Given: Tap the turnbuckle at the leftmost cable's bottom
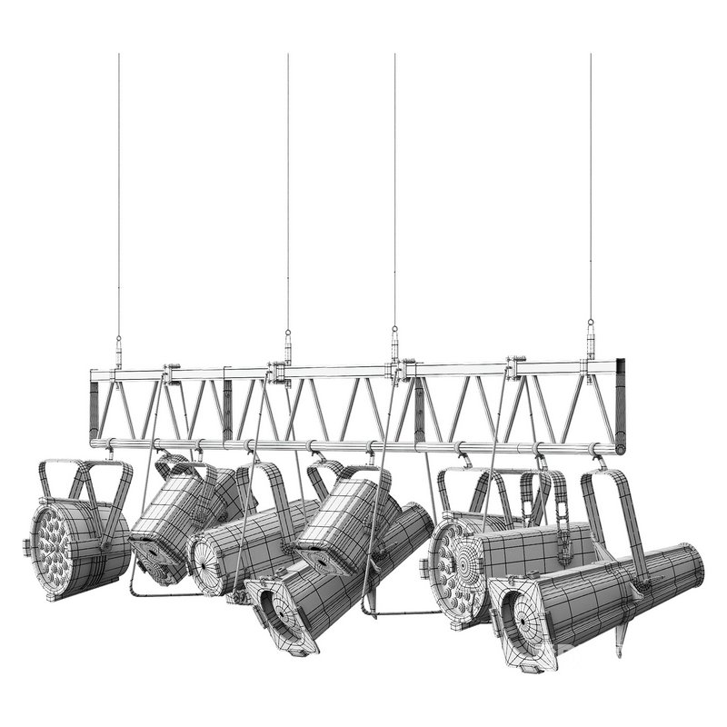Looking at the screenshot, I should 118,349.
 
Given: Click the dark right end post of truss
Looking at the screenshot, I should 621,404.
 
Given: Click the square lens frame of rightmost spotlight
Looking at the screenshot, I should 523,626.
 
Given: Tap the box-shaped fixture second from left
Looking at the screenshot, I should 173,518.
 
